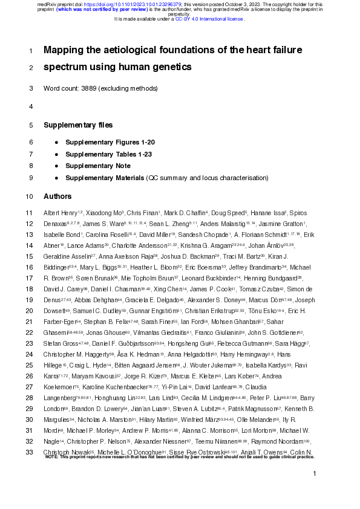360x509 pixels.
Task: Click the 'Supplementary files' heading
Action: [x=78, y=125]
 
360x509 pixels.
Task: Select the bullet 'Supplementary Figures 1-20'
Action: [x=110, y=142]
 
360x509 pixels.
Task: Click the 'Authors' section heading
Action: [x=57, y=196]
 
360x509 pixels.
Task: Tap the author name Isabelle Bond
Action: [x=59, y=235]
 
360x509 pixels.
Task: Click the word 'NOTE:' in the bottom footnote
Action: [x=52, y=457]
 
